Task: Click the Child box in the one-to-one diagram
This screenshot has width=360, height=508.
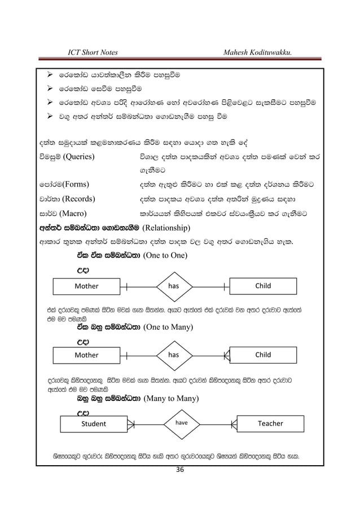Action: (x=263, y=286)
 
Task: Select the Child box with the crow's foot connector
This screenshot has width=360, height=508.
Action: (x=263, y=355)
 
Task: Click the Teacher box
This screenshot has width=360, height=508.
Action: (x=270, y=423)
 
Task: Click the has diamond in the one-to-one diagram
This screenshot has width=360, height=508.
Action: (x=173, y=286)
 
